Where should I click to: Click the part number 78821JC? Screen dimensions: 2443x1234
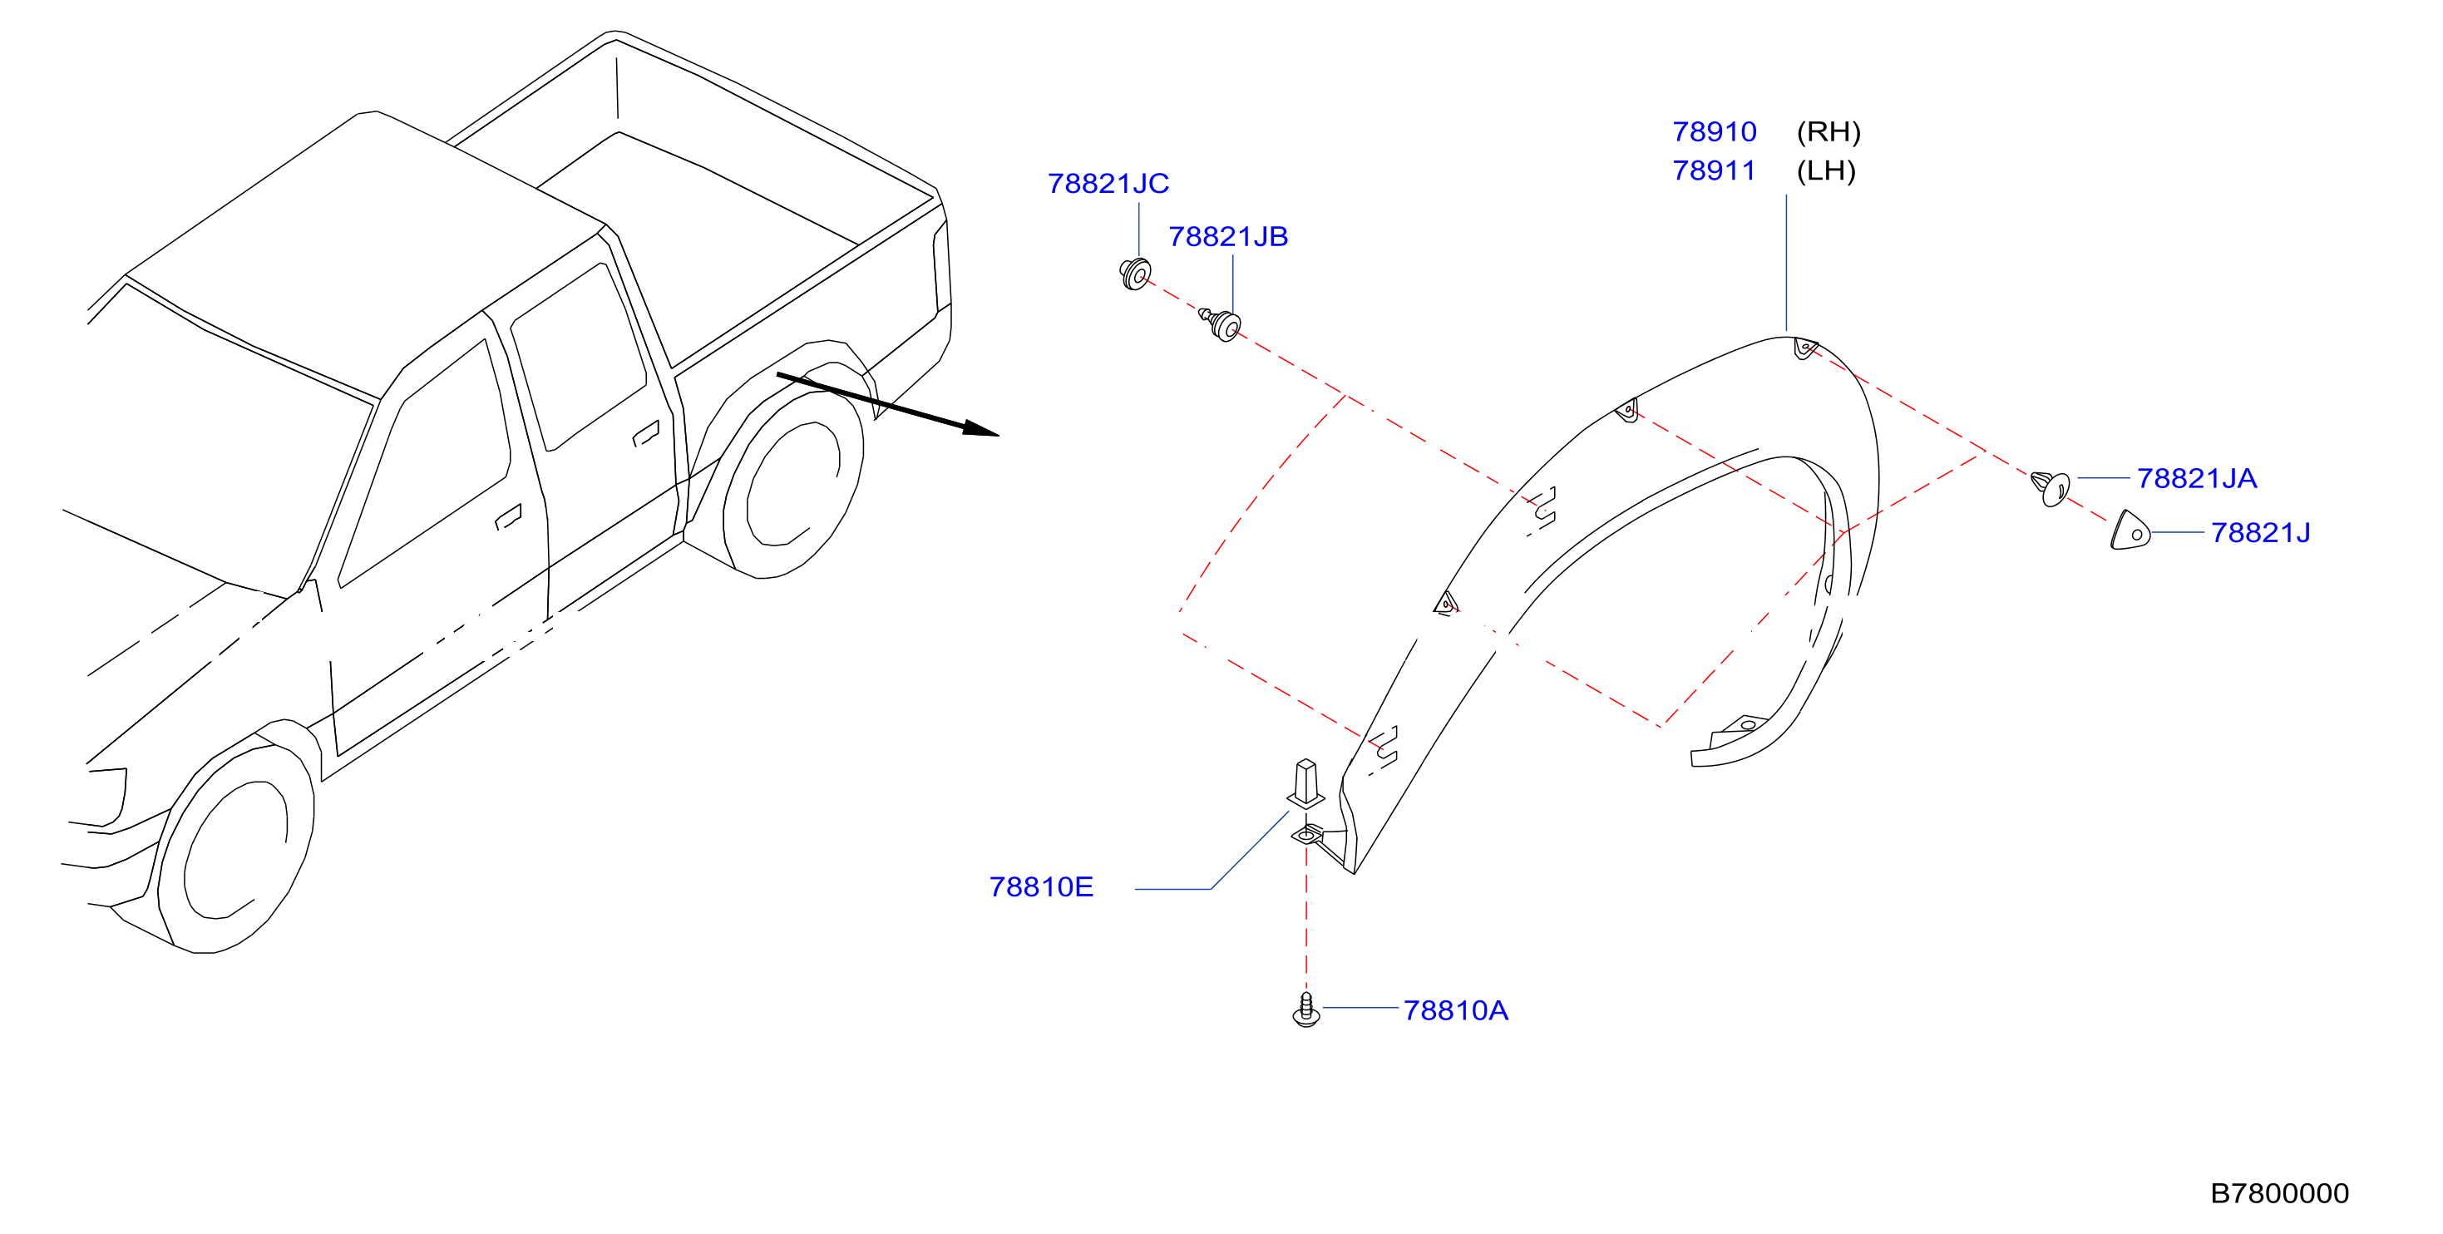click(x=1108, y=183)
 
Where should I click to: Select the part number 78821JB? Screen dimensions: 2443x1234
click(x=1228, y=236)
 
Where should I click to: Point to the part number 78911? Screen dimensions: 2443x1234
click(x=1714, y=170)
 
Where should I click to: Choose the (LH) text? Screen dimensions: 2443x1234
click(x=1826, y=170)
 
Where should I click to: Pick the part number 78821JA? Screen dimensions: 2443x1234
click(x=2196, y=478)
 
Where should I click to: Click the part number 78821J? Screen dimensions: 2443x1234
click(x=2260, y=532)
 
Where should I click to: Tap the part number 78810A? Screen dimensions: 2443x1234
click(x=1456, y=1010)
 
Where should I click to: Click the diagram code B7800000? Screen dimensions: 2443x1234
click(x=2279, y=1192)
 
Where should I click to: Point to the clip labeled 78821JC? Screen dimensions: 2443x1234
click(x=1134, y=274)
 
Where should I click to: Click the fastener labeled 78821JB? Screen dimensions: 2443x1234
click(x=1221, y=323)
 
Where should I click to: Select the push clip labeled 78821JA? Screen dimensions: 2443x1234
click(x=2051, y=488)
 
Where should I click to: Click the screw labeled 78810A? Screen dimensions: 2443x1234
click(x=1306, y=1010)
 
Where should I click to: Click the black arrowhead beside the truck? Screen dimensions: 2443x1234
click(x=980, y=429)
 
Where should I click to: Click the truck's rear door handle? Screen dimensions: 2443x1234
click(x=646, y=433)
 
